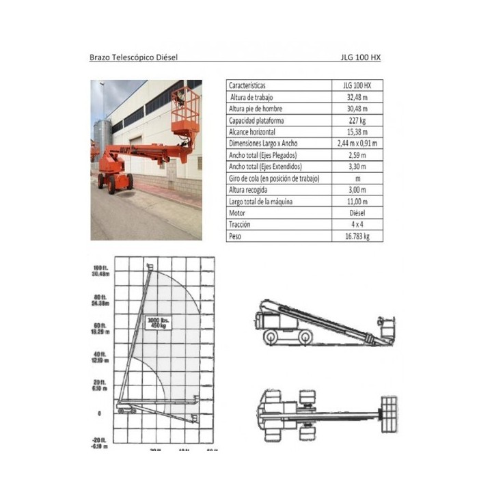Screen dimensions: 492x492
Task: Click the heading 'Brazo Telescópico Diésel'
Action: point(133,57)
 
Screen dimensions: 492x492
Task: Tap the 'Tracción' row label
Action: point(240,224)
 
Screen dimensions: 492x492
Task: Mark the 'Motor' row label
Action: point(238,213)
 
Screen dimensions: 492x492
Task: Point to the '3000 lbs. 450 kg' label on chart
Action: point(159,323)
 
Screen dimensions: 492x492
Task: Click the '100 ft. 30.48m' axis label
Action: point(101,270)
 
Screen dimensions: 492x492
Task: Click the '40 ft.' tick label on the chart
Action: point(101,355)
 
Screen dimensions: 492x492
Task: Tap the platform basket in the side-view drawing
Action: point(387,329)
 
